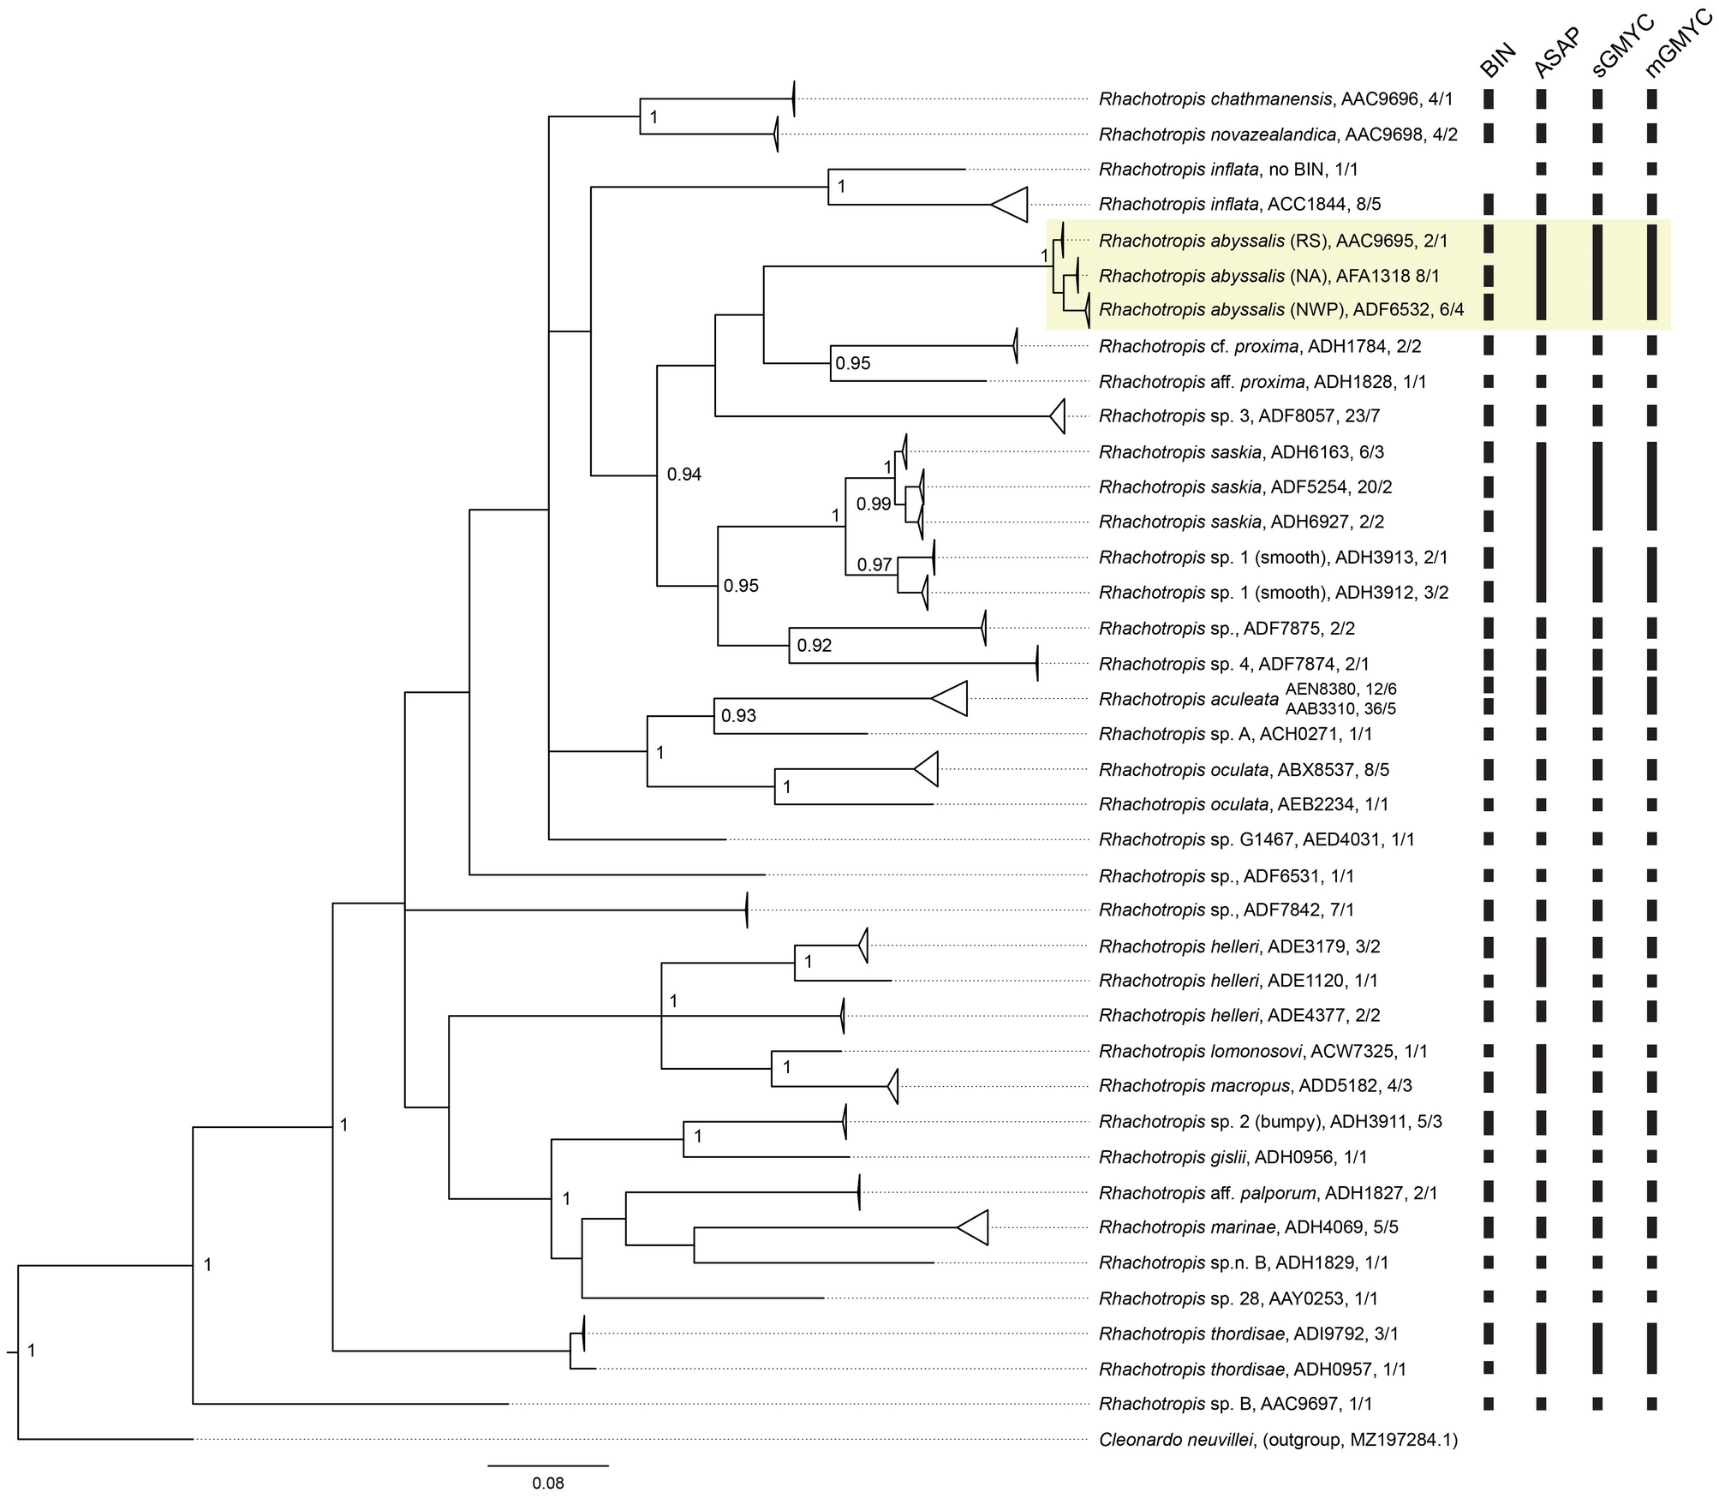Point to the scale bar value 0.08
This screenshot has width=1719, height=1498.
point(548,1483)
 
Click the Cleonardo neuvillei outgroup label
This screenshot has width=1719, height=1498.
point(1277,1440)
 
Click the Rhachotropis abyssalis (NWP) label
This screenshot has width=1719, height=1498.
point(1281,310)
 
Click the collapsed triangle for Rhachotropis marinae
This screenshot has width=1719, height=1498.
point(975,1227)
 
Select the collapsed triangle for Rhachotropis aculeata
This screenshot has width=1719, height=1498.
point(952,699)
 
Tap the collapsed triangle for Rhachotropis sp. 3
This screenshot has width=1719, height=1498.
point(1059,416)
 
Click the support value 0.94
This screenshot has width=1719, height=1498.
point(684,474)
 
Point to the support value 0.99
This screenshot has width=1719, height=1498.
point(874,504)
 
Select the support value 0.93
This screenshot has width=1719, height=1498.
point(738,716)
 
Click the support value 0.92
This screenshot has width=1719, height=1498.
point(814,646)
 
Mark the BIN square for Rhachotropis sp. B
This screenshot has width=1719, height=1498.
point(1489,1404)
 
